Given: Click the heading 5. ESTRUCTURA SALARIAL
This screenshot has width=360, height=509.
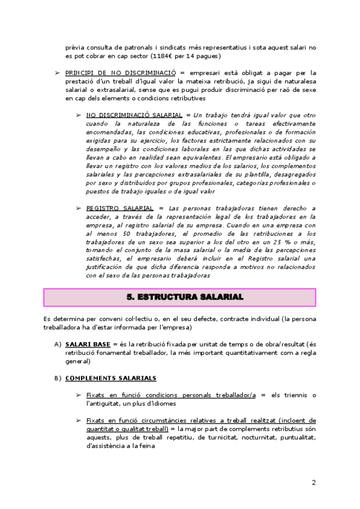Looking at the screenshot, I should coord(179,297).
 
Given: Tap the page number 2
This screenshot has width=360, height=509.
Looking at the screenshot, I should coord(313,482).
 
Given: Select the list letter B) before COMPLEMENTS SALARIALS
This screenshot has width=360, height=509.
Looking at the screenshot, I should coord(58,378).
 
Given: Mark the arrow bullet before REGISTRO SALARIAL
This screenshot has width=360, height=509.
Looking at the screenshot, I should coord(79,208).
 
